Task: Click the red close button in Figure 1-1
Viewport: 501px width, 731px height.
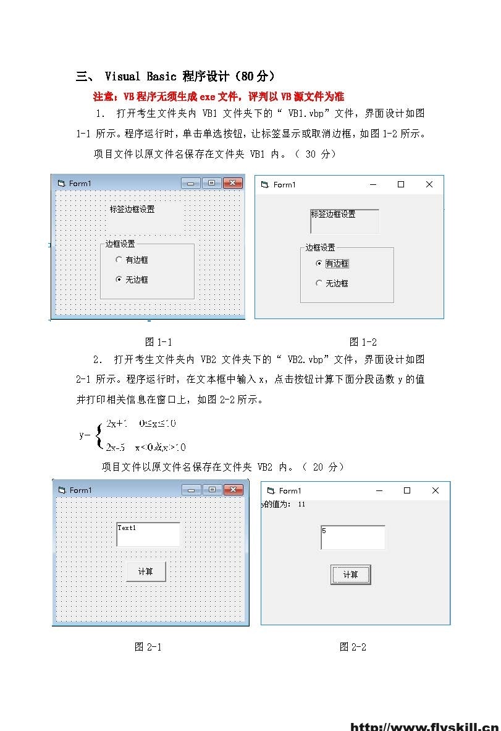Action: [x=232, y=183]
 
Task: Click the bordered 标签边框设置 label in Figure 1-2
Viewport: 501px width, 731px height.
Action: [x=345, y=221]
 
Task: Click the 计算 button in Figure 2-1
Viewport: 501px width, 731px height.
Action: [x=146, y=571]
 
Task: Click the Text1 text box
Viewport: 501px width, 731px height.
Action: [x=148, y=534]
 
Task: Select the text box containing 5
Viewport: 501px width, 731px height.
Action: [x=353, y=537]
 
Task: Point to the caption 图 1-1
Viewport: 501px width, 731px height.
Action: [x=158, y=342]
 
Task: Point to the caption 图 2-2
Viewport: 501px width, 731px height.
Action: [x=353, y=647]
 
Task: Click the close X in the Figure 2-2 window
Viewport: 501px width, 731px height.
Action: [x=436, y=490]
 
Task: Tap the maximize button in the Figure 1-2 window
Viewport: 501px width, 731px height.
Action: [x=401, y=184]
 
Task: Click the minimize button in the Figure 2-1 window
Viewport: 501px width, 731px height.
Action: [x=191, y=490]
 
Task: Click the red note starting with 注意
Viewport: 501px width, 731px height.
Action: [x=218, y=96]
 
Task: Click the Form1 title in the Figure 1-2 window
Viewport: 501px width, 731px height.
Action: [x=284, y=184]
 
